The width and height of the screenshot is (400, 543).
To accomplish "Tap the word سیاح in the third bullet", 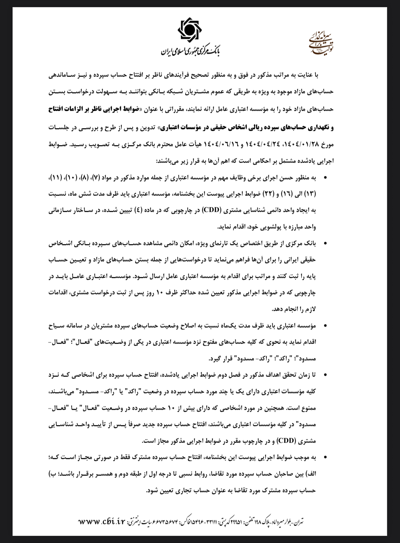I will [x=55, y=326].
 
